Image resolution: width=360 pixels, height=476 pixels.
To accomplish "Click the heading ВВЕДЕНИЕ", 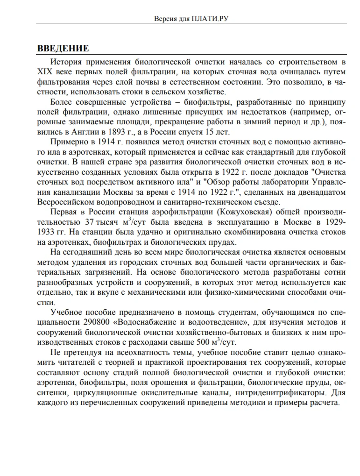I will (63, 49).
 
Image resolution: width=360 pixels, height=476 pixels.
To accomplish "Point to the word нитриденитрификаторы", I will (282, 393).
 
